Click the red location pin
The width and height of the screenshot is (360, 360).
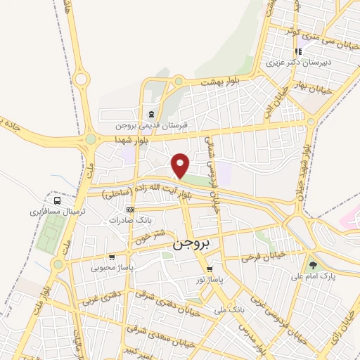click(x=181, y=165)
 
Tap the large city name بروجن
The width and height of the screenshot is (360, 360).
click(x=191, y=244)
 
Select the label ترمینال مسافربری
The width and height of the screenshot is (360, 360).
click(x=58, y=211)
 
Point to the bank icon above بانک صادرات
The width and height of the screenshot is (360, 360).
click(x=129, y=210)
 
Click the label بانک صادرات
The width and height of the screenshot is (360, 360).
click(x=130, y=220)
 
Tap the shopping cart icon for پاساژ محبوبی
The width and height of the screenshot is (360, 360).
click(x=112, y=257)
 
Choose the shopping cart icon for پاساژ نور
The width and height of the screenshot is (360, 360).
click(x=209, y=269)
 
